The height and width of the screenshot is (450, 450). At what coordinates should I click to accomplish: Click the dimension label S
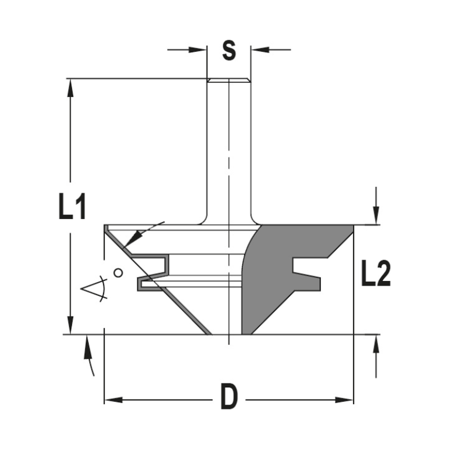click(229, 51)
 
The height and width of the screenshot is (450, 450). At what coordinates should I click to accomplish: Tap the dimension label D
click(229, 396)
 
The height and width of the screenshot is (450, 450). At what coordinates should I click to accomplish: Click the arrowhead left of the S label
click(198, 49)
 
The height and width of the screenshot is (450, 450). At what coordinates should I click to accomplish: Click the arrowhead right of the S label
click(260, 49)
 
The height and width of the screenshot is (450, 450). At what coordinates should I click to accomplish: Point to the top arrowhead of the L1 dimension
click(70, 88)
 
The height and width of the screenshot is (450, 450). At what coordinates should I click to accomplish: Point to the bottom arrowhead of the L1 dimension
click(70, 325)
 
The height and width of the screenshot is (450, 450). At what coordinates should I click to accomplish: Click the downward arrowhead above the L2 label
click(376, 215)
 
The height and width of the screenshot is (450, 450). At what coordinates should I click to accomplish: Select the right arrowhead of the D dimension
click(344, 400)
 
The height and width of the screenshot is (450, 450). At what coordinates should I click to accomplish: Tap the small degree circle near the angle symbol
click(118, 273)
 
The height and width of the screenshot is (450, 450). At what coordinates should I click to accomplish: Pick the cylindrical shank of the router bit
click(229, 148)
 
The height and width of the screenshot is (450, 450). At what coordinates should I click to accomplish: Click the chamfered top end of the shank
click(229, 81)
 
